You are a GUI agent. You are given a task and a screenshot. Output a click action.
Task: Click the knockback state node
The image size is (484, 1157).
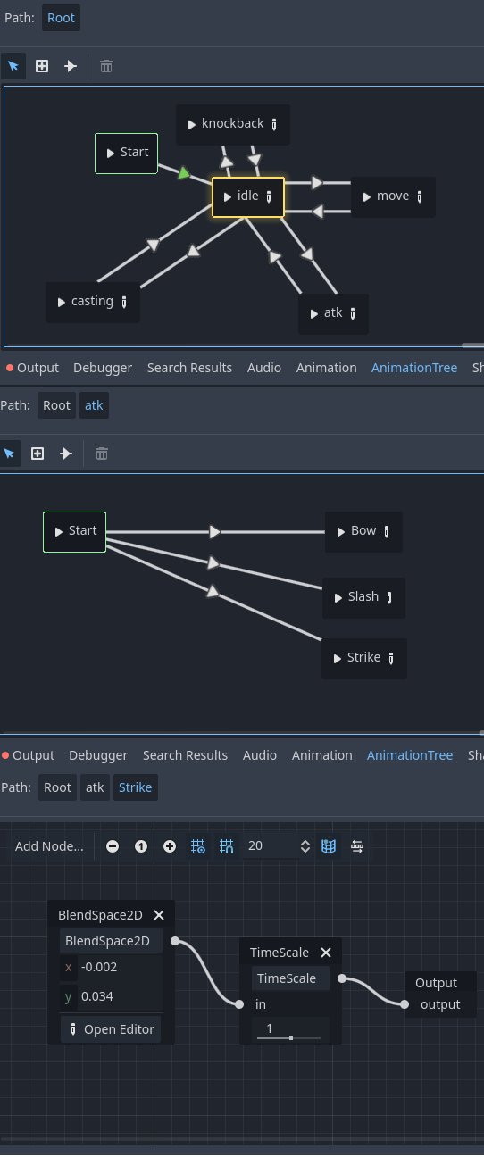(x=232, y=124)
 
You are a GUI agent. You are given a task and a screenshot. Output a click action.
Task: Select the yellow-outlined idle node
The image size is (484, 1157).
(x=248, y=196)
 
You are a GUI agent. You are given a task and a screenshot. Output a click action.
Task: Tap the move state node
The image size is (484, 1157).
(x=393, y=196)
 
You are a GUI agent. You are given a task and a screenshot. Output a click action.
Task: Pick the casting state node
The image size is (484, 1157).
(x=93, y=302)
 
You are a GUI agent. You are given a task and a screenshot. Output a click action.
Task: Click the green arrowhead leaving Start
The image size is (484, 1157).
(x=183, y=173)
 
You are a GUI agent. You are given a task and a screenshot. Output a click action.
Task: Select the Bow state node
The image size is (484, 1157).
(x=363, y=531)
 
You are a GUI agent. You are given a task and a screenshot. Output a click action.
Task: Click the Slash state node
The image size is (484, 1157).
(x=363, y=597)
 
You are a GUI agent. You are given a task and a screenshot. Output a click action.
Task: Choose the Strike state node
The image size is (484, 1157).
(x=364, y=659)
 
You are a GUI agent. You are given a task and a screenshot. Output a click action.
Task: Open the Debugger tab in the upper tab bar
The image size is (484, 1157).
(x=103, y=368)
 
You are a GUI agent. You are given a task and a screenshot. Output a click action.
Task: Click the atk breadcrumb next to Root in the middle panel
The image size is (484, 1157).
(x=94, y=405)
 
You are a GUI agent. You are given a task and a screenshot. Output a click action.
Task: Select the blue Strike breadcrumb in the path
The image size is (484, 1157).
(x=136, y=787)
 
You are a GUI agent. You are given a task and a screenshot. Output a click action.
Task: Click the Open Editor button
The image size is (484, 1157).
(x=111, y=1029)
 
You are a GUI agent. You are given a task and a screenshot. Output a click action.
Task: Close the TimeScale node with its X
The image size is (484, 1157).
(x=326, y=953)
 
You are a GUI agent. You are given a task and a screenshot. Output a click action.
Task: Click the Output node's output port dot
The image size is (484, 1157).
(x=405, y=1004)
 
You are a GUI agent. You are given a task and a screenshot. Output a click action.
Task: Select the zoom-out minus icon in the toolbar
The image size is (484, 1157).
(x=113, y=846)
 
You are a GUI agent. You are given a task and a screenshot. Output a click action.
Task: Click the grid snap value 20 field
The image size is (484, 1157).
(x=269, y=846)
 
